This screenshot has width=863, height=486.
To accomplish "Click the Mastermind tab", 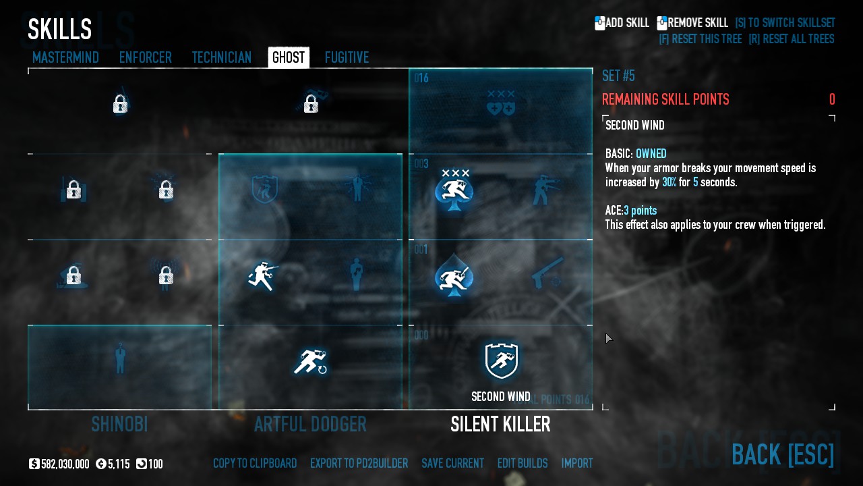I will point(65,57).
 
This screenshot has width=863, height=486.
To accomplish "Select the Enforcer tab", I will point(145,57).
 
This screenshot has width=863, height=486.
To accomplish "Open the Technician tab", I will point(221,57).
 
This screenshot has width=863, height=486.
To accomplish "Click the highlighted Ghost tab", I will point(289,57).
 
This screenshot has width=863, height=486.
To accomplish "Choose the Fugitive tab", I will point(347,57).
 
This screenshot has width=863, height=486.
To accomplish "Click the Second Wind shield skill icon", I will point(501,360).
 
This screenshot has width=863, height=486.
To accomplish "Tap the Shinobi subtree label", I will point(119,425).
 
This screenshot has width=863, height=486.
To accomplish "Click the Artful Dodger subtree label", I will point(310,425).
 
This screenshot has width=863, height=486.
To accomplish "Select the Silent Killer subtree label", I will point(500,425).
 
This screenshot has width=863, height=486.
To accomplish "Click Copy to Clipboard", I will point(255,464).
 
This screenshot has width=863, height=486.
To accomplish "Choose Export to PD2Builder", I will point(359,464).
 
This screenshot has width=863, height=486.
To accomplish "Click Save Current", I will point(452,464).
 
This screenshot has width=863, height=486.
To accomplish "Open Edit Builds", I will point(523,464).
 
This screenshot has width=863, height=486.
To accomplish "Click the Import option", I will point(577,464).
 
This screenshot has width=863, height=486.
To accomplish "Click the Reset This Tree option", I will point(700,39).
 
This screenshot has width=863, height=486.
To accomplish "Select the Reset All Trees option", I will point(791,39).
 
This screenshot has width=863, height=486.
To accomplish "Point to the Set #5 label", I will point(618,76).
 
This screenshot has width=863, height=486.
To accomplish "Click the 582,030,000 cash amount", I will point(65,464).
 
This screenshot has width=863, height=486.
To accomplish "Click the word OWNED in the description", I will point(651,154).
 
